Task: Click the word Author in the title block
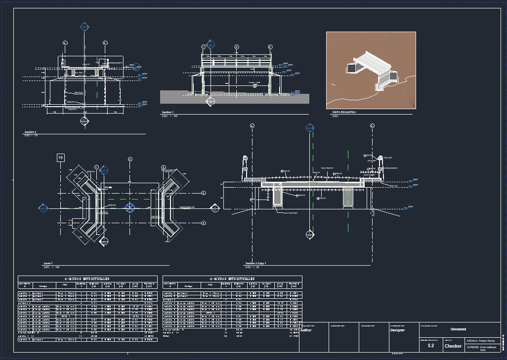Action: pos(306,330)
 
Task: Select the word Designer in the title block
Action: pos(397,330)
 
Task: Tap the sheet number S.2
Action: pos(431,346)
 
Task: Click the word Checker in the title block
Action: pos(453,346)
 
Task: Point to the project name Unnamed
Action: pos(458,329)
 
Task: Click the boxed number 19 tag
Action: pos(61,158)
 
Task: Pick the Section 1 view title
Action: pos(168,113)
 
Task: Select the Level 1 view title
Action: pos(48,263)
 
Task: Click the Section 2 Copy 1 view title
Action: pos(255,263)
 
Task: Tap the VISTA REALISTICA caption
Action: pos(344,113)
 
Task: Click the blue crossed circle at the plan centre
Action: pos(130,207)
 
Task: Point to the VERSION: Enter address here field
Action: pos(479,348)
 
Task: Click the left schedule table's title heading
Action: pos(87,279)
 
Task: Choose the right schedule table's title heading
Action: pos(232,279)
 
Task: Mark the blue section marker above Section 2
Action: pos(84,27)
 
